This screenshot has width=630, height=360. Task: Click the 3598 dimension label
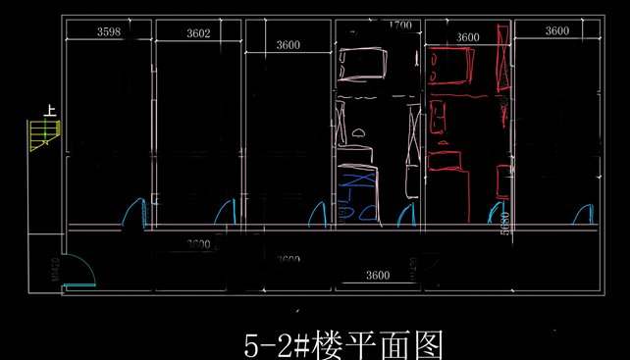coord(109,32)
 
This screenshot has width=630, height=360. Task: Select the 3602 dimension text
coord(198,33)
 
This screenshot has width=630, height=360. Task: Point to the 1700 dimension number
coord(399,25)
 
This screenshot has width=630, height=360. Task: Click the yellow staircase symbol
coord(43,134)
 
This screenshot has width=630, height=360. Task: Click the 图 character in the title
coord(428,345)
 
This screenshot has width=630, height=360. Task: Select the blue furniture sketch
coord(357,195)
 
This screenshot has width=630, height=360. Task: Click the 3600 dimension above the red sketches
coord(468,37)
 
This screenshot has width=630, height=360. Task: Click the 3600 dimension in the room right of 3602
coord(288,44)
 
